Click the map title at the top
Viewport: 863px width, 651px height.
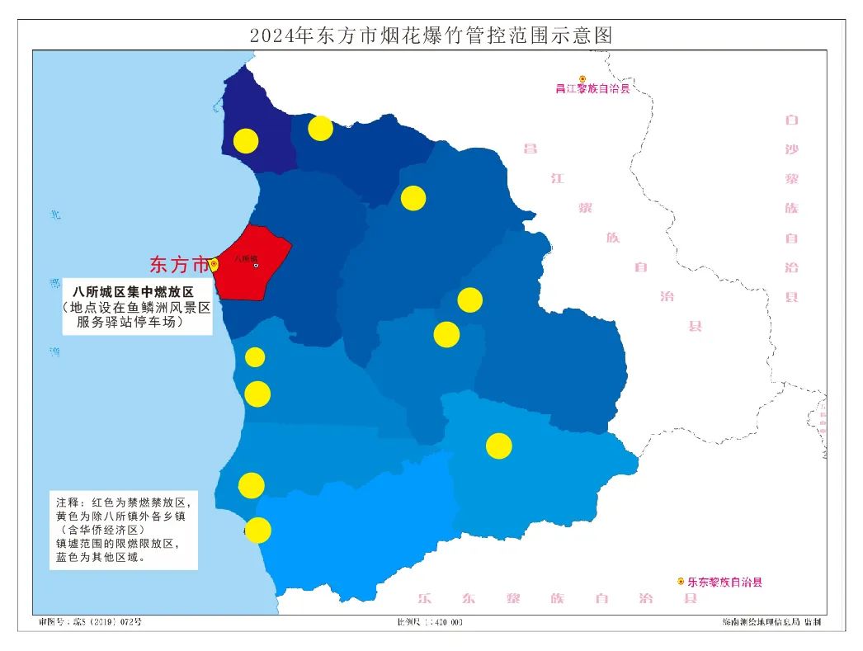pos(431,35)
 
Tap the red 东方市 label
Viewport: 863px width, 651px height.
pos(179,265)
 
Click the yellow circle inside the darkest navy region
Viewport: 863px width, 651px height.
pos(245,141)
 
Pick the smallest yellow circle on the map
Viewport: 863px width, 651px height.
pos(255,356)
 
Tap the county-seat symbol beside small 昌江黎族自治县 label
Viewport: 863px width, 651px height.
pos(582,79)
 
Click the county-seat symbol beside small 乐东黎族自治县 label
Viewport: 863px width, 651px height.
pos(681,582)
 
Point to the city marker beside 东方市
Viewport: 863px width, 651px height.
pos(215,264)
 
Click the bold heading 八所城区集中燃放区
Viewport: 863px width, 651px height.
pos(133,292)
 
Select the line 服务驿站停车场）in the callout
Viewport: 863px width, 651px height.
pos(130,323)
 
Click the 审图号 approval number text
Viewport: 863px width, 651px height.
pos(90,621)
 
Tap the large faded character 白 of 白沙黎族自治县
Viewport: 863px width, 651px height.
pos(792,120)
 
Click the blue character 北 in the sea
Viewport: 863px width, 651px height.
pos(55,215)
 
